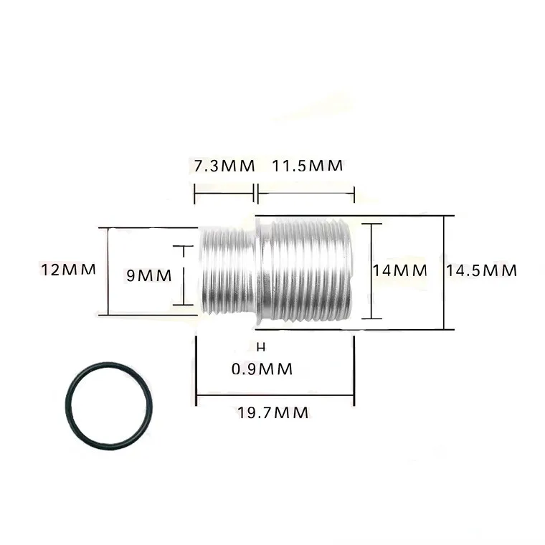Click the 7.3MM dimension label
coord(224,166)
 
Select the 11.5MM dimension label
coord(307,166)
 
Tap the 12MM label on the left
coord(69,270)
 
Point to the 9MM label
coord(148,274)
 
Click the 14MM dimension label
coord(399,270)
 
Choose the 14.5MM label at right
coord(481,270)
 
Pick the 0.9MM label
coord(262,369)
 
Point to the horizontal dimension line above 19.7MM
coord(275,394)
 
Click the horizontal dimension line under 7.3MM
coord(224,192)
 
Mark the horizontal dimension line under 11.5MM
coord(306,192)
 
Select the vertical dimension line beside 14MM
coord(371,270)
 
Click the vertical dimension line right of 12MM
coord(108,271)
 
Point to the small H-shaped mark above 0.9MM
coord(261,347)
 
